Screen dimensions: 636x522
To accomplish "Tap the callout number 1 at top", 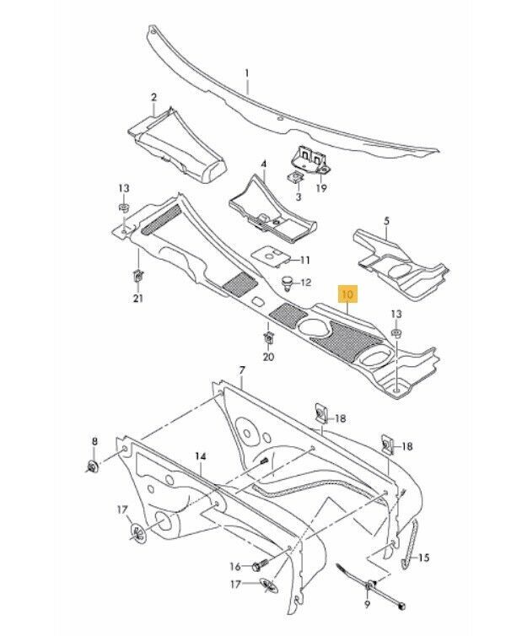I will point(247,73).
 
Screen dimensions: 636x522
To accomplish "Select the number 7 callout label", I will point(241,370).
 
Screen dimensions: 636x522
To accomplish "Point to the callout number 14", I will point(200,455).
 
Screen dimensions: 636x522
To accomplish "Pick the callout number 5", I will point(387,222).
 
